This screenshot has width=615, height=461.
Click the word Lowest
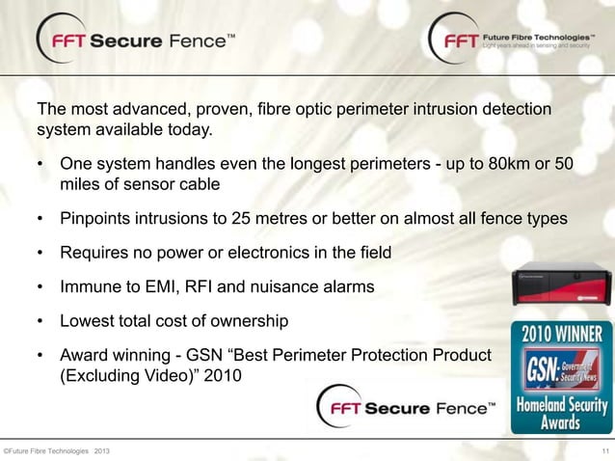pos(87,319)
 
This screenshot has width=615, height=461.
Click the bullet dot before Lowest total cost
pos(41,320)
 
